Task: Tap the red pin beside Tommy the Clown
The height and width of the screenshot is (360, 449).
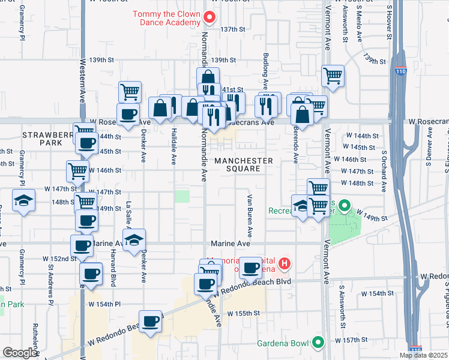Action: click(x=209, y=17)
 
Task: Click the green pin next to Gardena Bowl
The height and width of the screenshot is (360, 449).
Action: click(x=318, y=343)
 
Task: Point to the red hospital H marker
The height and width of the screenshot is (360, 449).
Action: click(x=285, y=263)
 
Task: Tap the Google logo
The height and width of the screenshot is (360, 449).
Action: click(x=20, y=353)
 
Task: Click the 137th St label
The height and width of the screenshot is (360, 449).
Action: click(x=233, y=29)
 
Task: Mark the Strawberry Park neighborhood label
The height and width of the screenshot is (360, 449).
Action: click(x=42, y=139)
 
